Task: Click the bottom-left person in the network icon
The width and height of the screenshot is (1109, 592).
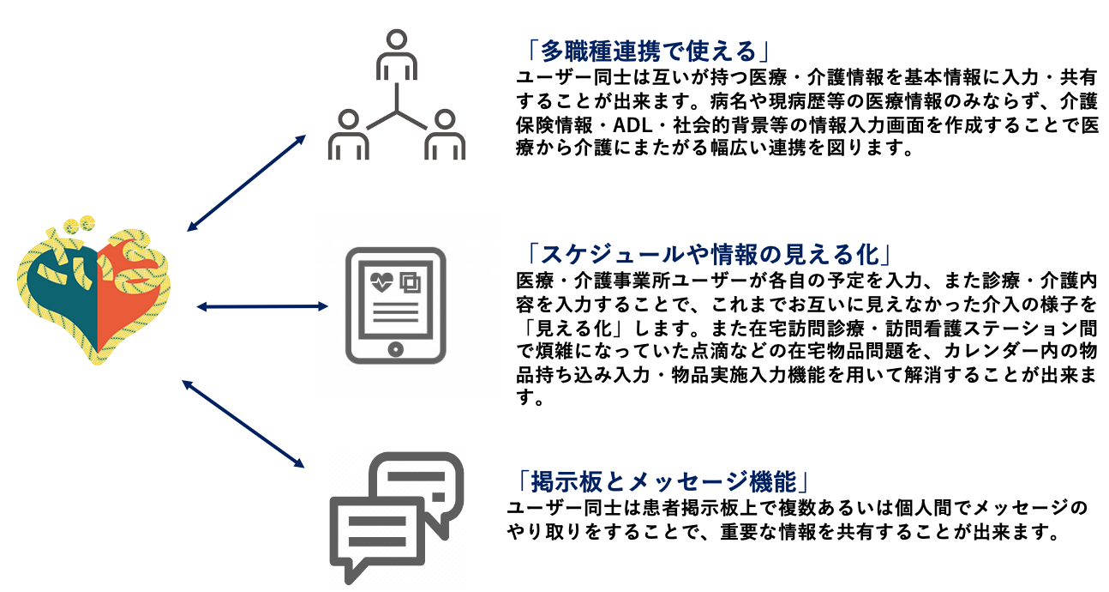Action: point(348,134)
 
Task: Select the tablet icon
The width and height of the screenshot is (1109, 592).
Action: point(395,305)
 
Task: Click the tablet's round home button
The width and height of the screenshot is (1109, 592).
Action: point(395,350)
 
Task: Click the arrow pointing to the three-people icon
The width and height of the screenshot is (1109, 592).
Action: point(246,183)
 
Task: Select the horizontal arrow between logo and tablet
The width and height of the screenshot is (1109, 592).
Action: point(262,305)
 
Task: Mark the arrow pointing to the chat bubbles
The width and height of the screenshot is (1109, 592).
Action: point(244,424)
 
